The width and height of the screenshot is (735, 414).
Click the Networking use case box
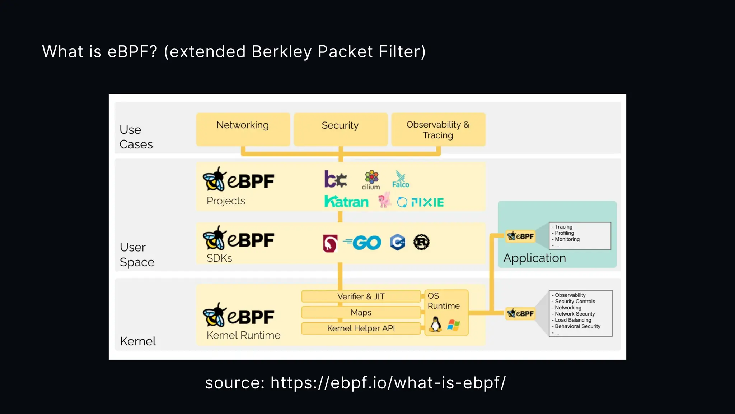243,129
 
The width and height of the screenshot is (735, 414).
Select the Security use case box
340,129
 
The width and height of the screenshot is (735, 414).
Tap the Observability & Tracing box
438,129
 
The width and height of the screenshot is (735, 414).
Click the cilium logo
371,180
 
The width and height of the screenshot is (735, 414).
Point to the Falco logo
401,179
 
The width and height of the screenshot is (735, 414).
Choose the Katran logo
346,202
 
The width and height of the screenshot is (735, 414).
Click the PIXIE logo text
427,202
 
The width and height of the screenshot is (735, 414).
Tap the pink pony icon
384,200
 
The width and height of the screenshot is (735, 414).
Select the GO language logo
362,243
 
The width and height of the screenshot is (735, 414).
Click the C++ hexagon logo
398,242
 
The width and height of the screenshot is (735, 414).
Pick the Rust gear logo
421,242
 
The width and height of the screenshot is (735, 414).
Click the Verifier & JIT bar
361,296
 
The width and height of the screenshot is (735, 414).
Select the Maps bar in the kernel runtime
361,312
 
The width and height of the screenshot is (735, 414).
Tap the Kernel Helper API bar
361,328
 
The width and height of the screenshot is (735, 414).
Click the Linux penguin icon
435,324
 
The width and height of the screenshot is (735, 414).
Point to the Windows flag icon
453,325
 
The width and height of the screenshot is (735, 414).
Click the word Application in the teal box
534,258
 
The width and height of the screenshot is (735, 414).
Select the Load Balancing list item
573,320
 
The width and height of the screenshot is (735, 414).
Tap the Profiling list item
564,233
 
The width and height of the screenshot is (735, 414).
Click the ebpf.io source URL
388,383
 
